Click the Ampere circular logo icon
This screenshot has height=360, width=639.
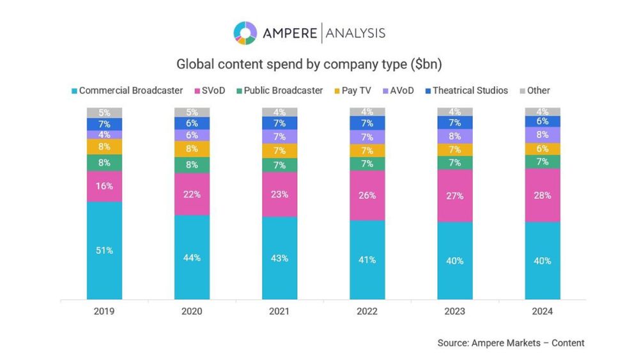[x=245, y=33]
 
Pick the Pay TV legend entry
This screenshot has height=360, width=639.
[x=353, y=91]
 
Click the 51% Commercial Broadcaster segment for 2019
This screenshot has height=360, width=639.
[x=104, y=251]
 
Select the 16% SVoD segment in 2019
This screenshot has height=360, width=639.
[x=104, y=186]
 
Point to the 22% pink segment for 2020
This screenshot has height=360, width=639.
[x=192, y=194]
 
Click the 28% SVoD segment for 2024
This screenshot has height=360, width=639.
[x=543, y=195]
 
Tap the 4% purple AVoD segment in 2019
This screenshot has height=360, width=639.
[x=104, y=135]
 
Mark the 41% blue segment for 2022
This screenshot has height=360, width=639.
[x=367, y=260]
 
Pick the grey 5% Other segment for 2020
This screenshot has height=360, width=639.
[x=192, y=113]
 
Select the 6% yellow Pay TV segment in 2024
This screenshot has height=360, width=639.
[x=543, y=148]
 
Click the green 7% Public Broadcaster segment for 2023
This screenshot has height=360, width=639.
[x=455, y=162]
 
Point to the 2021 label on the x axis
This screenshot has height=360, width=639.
[x=279, y=311]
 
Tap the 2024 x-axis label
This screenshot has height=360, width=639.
[x=543, y=311]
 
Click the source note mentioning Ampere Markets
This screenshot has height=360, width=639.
[x=511, y=343]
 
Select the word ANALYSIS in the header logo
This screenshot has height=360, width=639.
[x=355, y=33]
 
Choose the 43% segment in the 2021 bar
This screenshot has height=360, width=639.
[x=279, y=258]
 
